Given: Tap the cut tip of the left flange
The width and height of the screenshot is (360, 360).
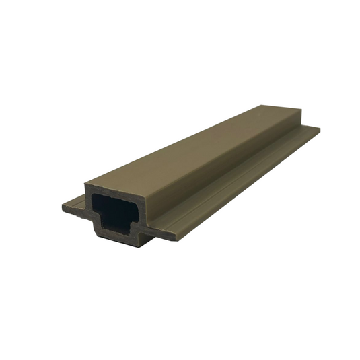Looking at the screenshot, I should (x=67, y=206).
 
